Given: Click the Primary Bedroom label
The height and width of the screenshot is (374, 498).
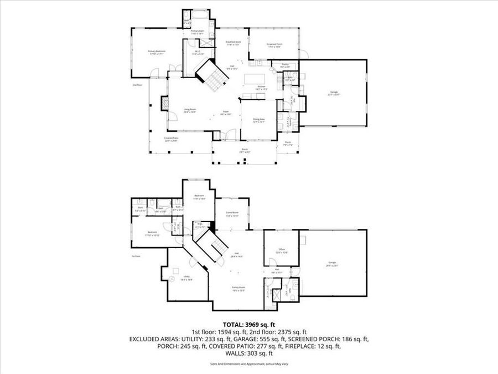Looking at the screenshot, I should tap(157, 52).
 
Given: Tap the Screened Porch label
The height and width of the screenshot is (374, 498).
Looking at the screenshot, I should tap(274, 46).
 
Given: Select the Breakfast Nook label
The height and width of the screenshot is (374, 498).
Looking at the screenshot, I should tap(232, 43).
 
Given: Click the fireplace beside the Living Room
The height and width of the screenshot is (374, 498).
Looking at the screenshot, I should tap(164, 104).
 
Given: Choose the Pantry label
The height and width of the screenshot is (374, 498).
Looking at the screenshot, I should tap(285, 65).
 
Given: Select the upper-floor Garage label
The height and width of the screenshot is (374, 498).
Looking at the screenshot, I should tap(334, 93).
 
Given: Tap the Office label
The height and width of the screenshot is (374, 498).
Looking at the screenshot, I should tap(281, 250).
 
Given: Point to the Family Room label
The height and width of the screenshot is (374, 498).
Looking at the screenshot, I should tap(238, 288).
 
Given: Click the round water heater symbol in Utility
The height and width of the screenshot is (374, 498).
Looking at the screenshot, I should tap(177, 268).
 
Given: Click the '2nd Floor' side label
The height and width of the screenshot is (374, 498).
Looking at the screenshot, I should tap(137, 85).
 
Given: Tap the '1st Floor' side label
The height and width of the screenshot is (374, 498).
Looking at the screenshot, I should tap(136, 256).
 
